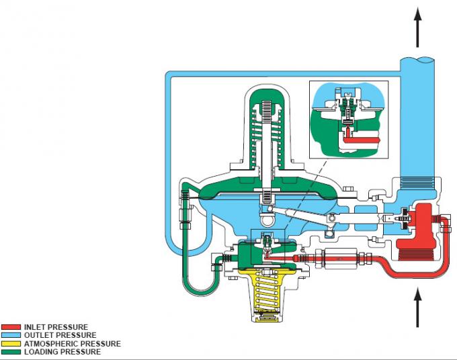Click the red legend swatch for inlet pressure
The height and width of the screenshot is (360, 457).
click(11, 327)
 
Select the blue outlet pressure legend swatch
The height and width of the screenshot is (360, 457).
click(11, 335)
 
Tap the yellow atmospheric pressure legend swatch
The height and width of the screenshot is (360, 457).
click(11, 343)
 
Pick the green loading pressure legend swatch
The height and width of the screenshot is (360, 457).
click(11, 351)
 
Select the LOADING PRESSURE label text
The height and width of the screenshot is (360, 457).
click(62, 351)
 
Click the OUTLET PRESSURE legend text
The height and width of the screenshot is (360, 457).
click(60, 335)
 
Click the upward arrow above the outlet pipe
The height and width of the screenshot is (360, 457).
click(418, 27)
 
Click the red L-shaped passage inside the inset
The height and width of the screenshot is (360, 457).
click(356, 138)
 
